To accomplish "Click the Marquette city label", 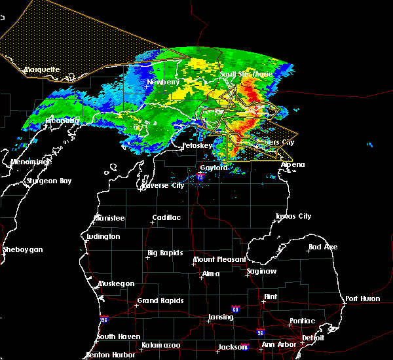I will pos(42,69).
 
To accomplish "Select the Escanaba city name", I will pos(62,120).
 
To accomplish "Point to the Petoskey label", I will pos(197,145).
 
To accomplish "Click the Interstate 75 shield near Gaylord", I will pos(201,176).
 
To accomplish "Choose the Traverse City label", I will pos(163,185).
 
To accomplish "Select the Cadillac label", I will pos(166,217).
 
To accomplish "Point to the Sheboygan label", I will pos(22,249).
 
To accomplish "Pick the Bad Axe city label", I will pos(323,247).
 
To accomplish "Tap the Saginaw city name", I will pos(261,271).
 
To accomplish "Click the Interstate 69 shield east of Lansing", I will pos(235,308).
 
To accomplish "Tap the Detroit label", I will pos(313,338).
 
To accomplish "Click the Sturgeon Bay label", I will pos(48,181).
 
